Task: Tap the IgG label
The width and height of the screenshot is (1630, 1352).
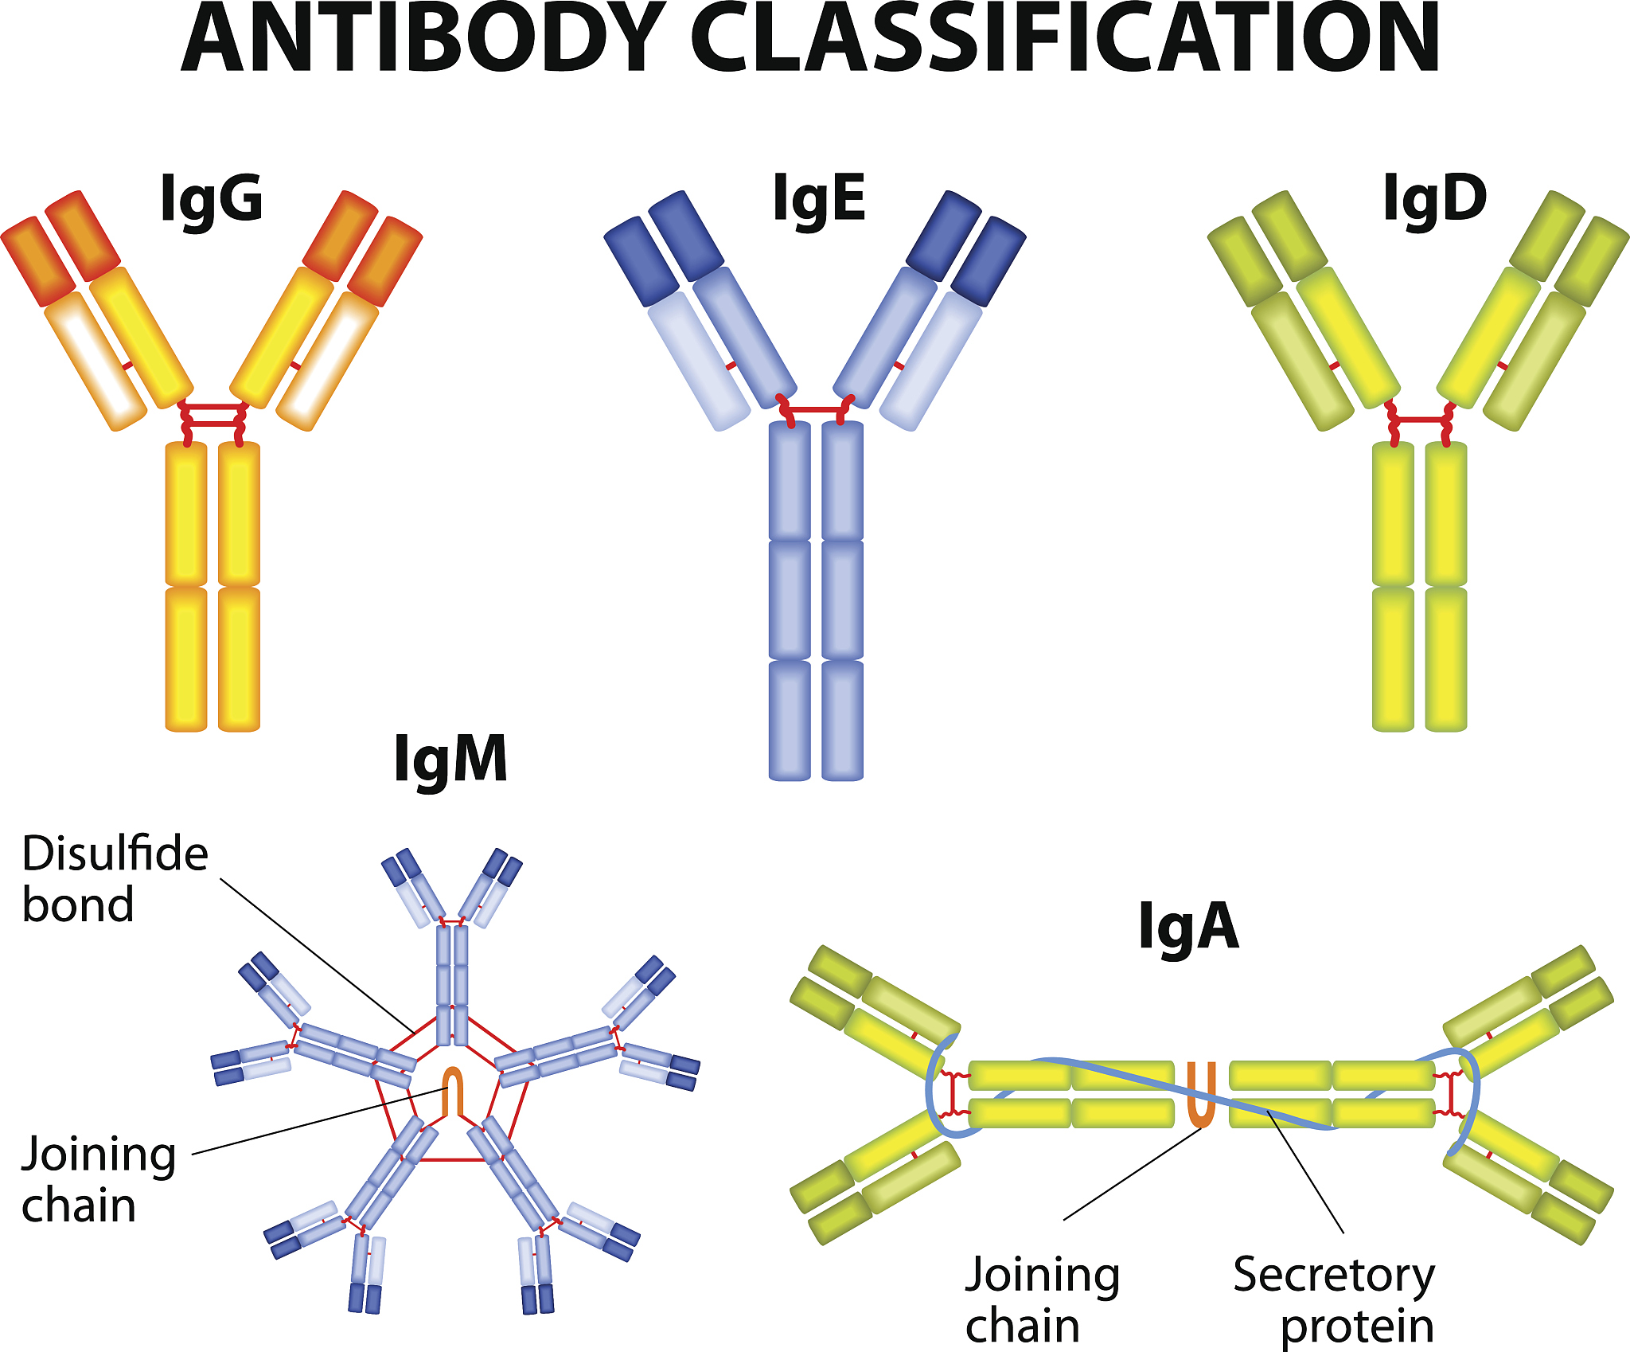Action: pos(211,197)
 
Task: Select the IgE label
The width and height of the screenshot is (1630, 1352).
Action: pos(819,197)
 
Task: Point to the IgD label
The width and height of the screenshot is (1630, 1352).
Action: pos(1434,197)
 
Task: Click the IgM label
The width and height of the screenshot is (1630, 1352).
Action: pos(450,760)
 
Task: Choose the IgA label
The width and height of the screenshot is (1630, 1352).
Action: pos(1188,927)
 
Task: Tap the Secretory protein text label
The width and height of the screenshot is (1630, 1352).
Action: pos(1335,1300)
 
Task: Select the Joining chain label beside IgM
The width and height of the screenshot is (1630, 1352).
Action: pos(97,1180)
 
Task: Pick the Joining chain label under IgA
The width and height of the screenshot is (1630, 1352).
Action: pos(1042,1300)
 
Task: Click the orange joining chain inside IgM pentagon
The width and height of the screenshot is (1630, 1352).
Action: pos(452,1091)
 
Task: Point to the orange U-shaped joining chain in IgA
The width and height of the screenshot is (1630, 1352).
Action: pos(1201,1097)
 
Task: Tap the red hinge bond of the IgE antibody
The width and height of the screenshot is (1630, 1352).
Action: pos(816,409)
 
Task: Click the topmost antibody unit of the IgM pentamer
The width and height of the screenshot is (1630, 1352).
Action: pos(452,940)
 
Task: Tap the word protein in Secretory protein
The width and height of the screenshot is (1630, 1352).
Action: pos(1357,1327)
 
